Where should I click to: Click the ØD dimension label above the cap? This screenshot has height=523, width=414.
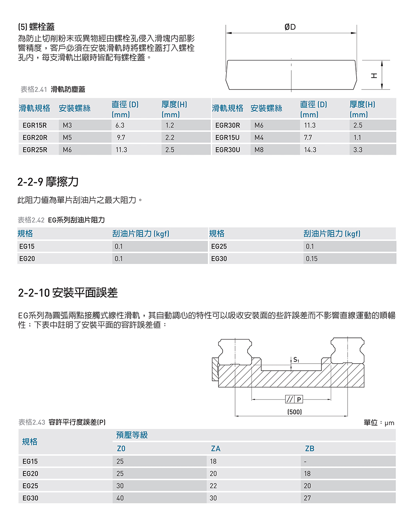point(290,27)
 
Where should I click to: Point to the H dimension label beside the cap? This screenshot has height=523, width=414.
point(374,75)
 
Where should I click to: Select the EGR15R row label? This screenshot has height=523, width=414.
point(34,125)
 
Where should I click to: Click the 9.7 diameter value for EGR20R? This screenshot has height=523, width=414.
point(121,137)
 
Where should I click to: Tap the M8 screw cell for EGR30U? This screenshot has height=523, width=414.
point(259,150)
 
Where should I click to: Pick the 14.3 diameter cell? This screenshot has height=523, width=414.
point(310,150)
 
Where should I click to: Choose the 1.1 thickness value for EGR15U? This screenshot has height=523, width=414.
point(357,137)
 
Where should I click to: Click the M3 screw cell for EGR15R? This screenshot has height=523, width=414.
point(67,125)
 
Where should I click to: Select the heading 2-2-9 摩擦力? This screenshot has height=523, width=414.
point(48,182)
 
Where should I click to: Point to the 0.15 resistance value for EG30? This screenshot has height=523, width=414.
point(312,259)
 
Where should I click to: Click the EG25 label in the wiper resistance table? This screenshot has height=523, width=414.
point(219,246)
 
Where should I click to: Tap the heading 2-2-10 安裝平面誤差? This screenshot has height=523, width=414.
point(68,293)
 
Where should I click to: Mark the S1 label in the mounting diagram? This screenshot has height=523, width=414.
point(296,360)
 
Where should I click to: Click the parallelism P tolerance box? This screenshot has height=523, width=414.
point(294,399)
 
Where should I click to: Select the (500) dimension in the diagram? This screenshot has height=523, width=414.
point(294,412)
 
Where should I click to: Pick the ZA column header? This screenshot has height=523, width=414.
point(216,448)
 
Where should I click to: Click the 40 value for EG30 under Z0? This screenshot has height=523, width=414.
point(120,498)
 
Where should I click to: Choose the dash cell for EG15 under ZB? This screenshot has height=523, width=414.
point(305,462)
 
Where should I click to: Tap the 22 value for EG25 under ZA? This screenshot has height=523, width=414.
point(213,486)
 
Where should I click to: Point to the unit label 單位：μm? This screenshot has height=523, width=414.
point(378,423)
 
